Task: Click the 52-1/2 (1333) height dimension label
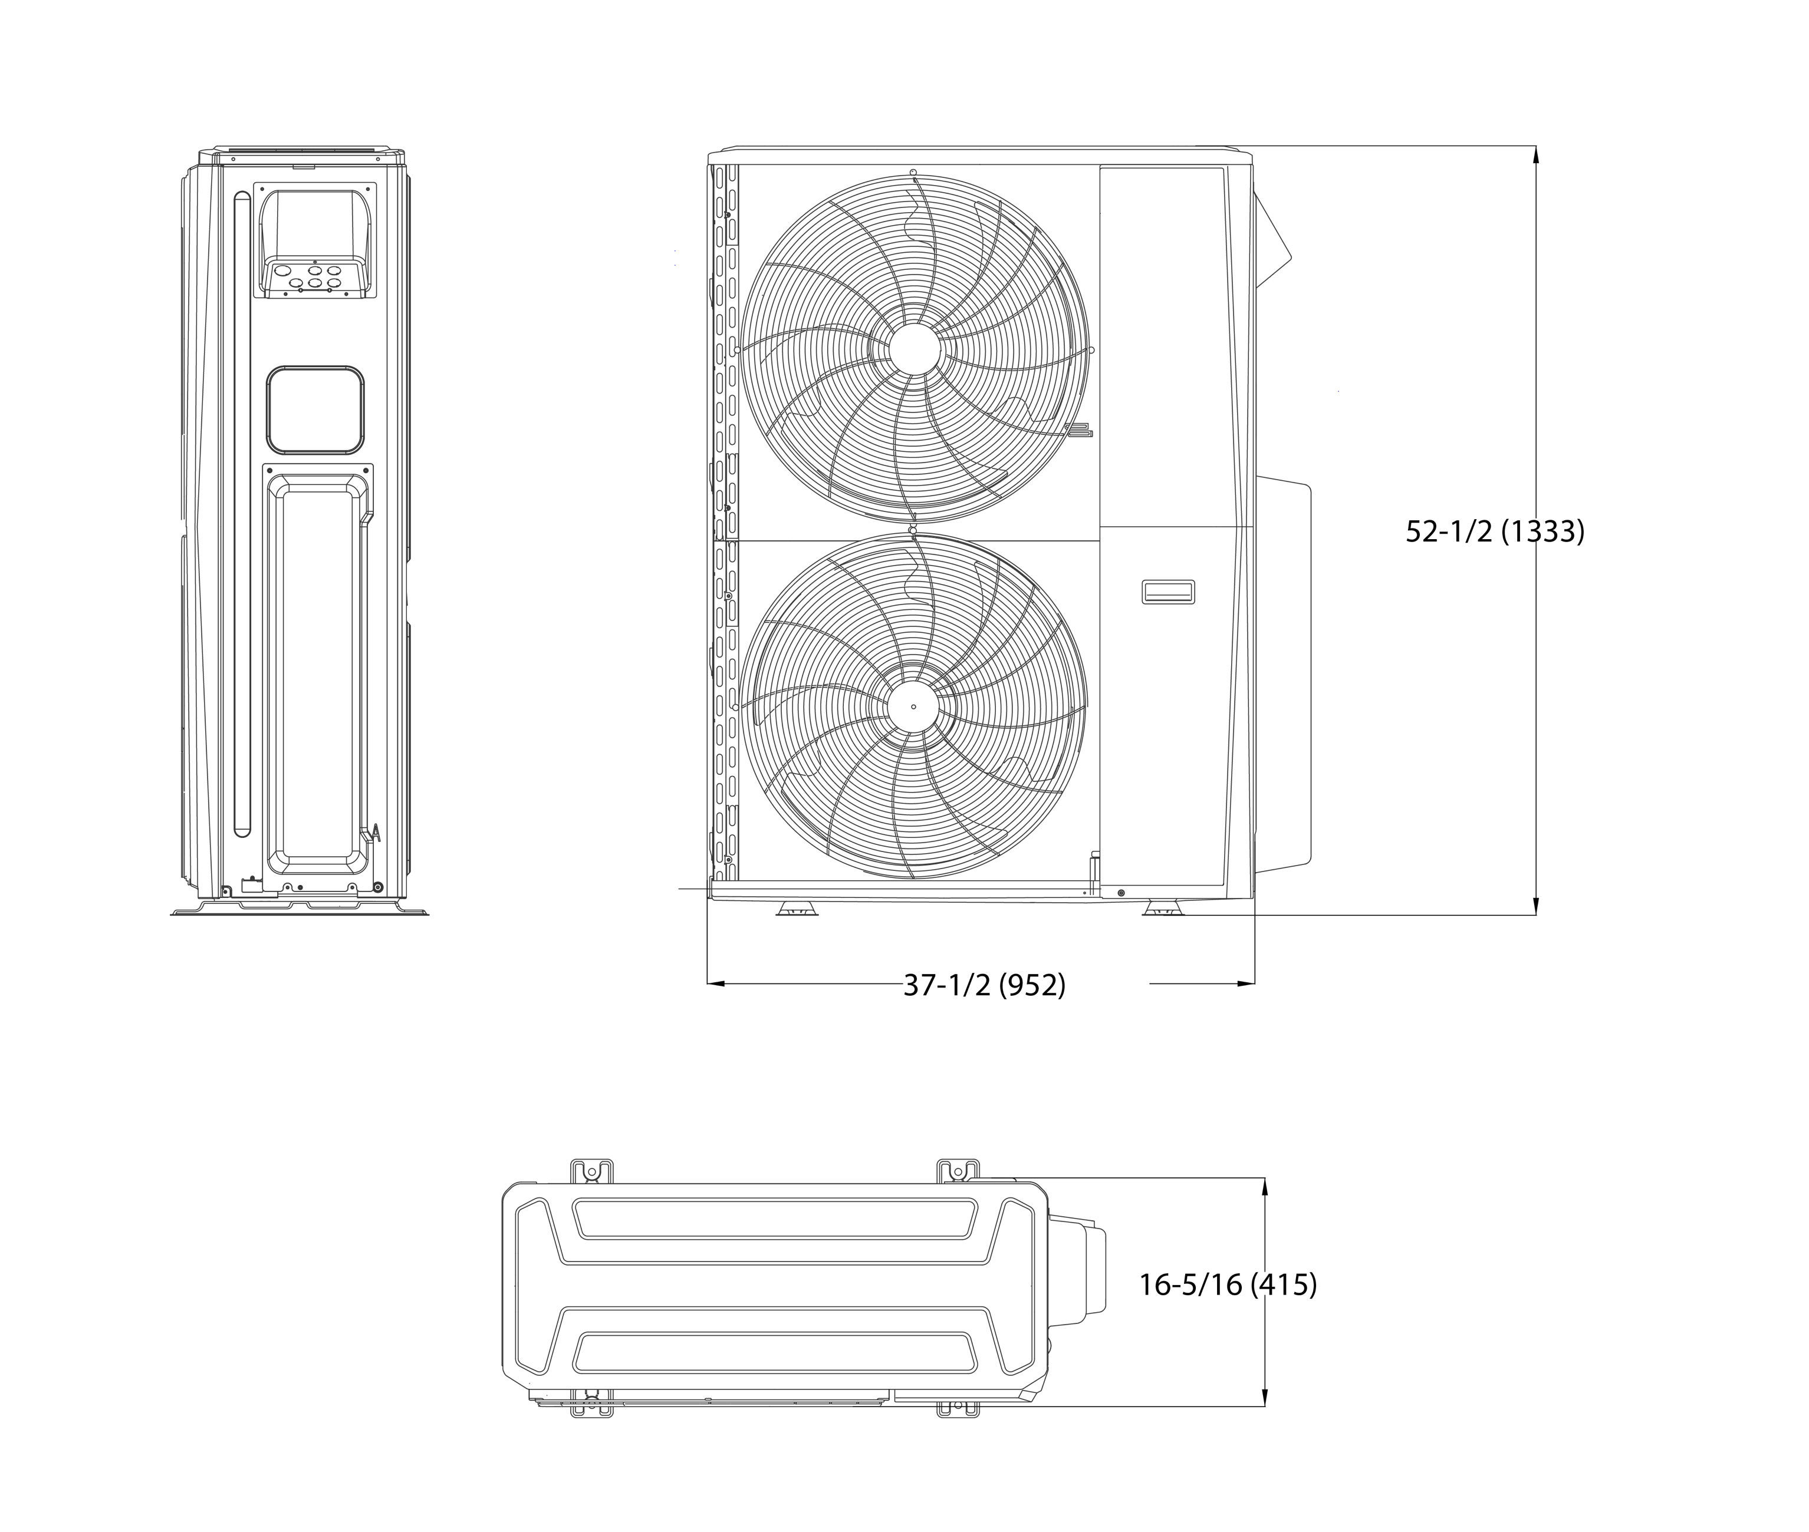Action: [1495, 531]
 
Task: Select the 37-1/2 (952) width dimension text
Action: [985, 985]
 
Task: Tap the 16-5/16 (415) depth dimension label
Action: [1228, 1285]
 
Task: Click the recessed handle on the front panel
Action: [1167, 592]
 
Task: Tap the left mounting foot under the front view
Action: [798, 909]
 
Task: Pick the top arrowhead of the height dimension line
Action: [1535, 154]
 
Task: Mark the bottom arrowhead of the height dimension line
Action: [1535, 906]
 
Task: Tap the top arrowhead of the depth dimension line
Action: [1264, 1187]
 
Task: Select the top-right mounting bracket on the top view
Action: [958, 1171]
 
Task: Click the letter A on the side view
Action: [376, 833]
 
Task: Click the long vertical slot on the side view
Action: [242, 514]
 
